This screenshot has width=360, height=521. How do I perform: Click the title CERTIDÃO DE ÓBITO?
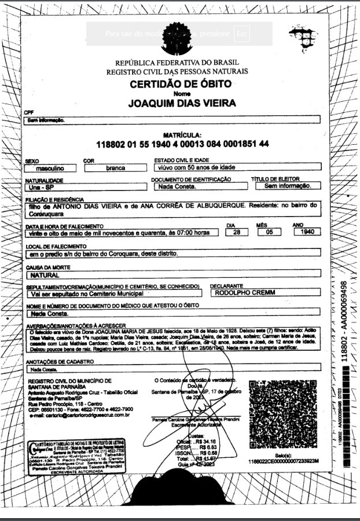coord(181,84)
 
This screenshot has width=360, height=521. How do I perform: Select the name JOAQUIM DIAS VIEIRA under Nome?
coord(182,104)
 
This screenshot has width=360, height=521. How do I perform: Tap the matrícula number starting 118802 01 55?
coord(182,144)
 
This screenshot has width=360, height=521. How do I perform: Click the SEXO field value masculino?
coord(50,168)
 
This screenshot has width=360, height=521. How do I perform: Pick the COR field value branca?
coord(115,168)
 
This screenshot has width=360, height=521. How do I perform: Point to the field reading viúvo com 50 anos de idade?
coord(197,167)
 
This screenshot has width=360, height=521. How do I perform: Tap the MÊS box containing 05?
coord(268,232)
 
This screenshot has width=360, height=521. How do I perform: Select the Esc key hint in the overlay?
coord(241,34)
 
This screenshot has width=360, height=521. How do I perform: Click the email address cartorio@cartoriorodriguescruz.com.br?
coord(79,414)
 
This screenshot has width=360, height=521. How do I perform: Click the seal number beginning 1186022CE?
coord(283,461)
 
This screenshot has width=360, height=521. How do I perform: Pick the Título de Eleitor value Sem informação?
coord(287,186)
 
